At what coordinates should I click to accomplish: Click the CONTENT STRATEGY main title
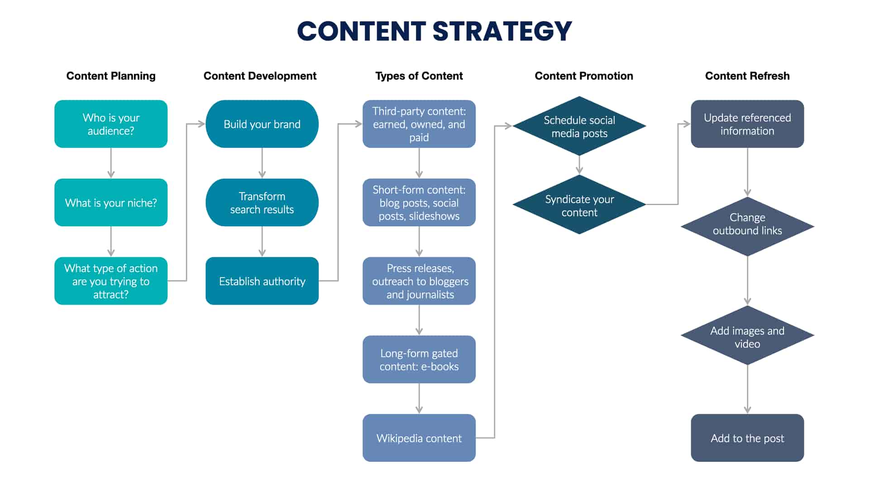[x=434, y=31]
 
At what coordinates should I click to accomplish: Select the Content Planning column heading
[x=111, y=76]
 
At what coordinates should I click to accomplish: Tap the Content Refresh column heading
[x=747, y=76]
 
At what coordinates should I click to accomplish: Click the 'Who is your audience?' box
[x=111, y=124]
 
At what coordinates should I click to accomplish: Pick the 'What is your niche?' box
[x=111, y=202]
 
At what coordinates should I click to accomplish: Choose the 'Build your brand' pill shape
[x=262, y=124]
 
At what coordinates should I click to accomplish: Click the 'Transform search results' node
[x=262, y=202]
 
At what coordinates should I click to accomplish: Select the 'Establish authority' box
[x=262, y=281]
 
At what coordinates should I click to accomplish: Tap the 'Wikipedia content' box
[x=419, y=438]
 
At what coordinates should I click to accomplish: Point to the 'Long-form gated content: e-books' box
[x=419, y=360]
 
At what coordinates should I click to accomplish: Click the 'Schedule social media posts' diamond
[x=579, y=126]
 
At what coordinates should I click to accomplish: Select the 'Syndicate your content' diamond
[x=579, y=205]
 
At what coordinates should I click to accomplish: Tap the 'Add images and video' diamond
[x=747, y=336]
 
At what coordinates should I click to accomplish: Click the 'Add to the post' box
[x=747, y=438]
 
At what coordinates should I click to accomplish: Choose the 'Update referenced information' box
[x=747, y=124]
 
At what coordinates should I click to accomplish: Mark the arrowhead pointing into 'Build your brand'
[x=202, y=124]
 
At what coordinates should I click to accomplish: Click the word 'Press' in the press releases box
[x=398, y=268]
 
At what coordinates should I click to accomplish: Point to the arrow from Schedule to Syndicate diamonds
[x=579, y=165]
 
